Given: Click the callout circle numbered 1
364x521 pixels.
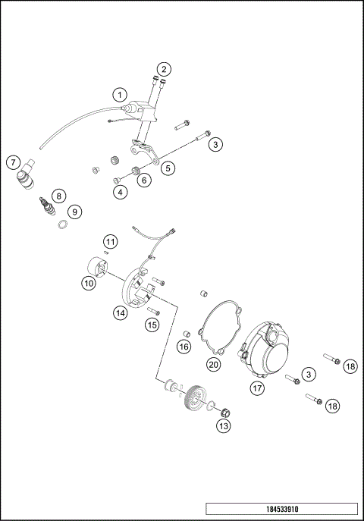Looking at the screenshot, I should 119,95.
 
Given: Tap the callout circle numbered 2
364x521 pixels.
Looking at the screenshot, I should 164,70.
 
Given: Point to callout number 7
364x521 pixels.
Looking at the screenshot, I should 13,162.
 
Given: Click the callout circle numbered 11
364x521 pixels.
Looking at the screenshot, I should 111,242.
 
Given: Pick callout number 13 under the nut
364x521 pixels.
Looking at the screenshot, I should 223,427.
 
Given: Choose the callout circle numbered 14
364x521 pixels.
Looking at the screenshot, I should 120,312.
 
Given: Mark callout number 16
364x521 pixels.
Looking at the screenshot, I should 184,347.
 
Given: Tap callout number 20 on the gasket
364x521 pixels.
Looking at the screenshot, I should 214,365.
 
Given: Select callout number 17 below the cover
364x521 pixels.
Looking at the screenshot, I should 257,388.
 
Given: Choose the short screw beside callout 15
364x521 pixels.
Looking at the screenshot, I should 154,311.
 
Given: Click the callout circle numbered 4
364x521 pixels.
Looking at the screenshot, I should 121,192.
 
